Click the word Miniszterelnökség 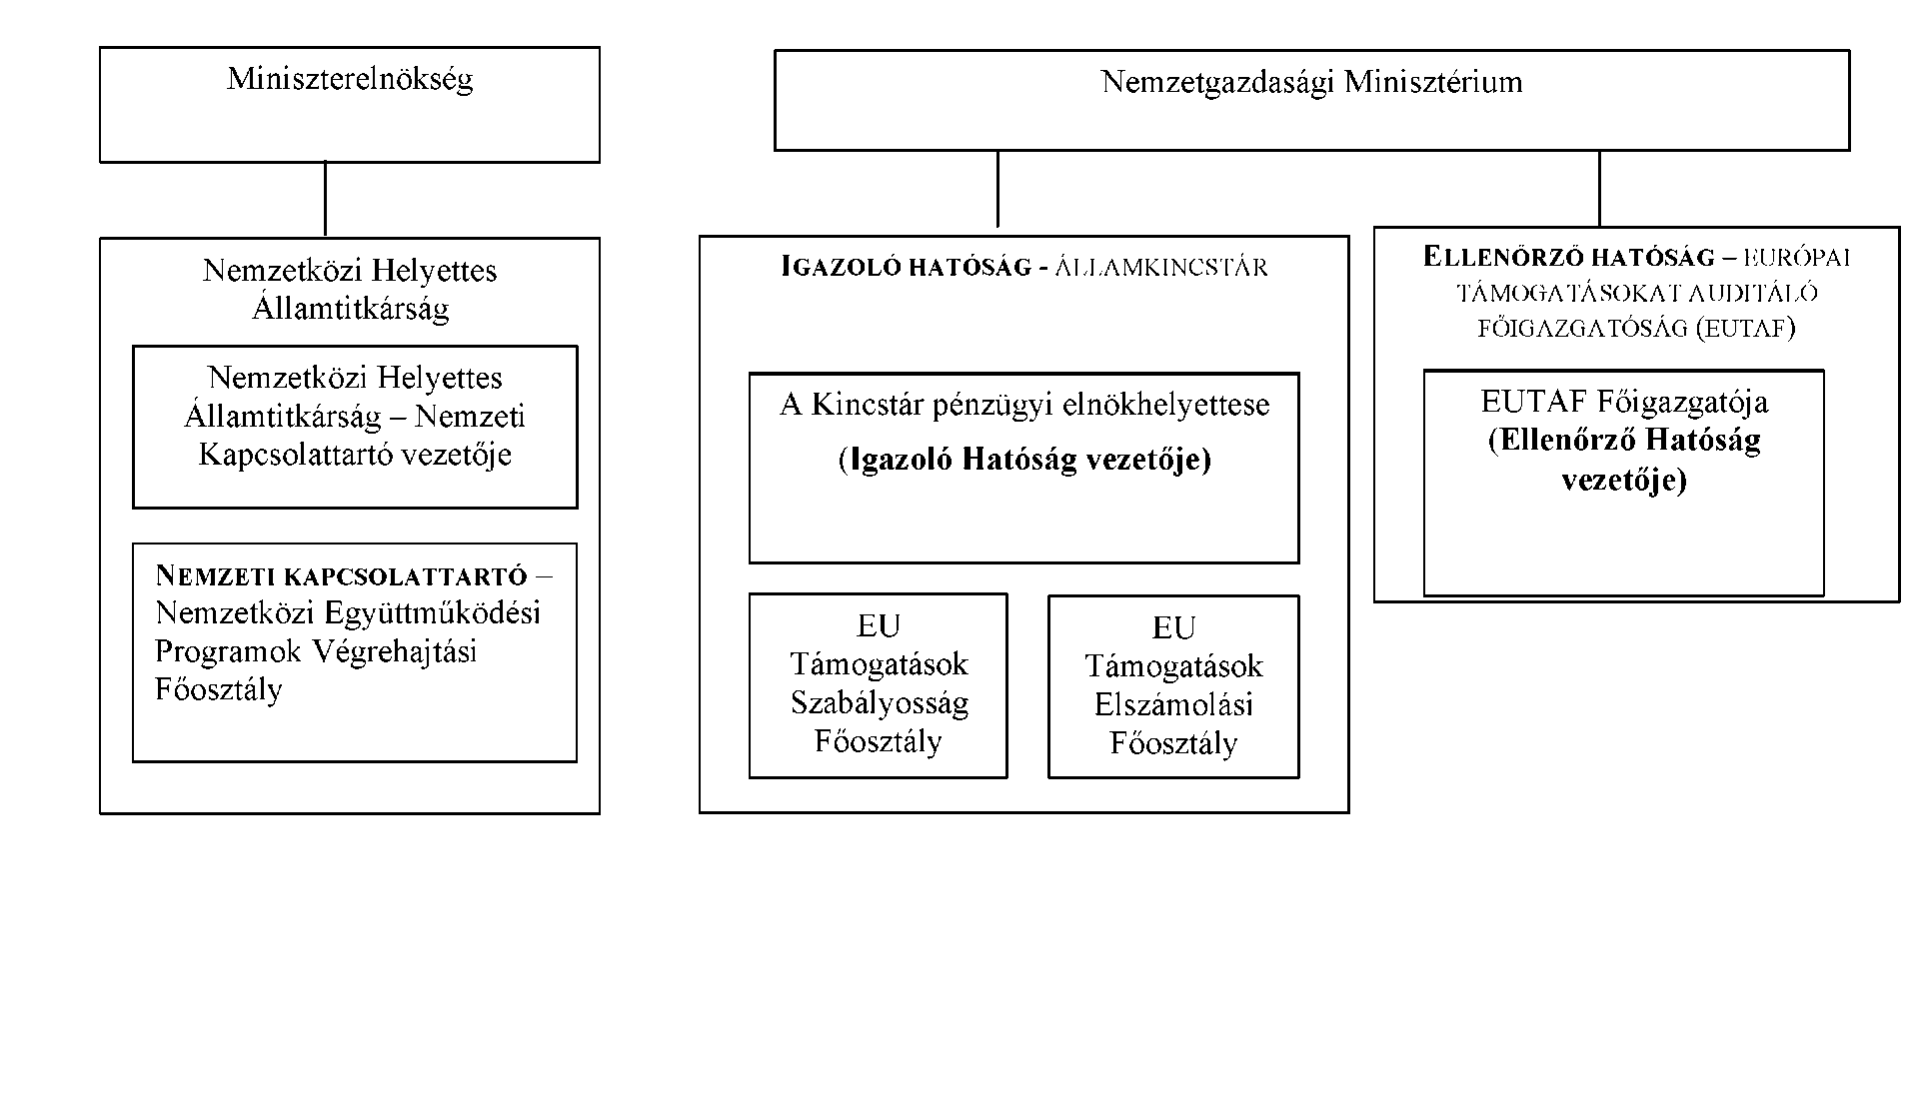(350, 79)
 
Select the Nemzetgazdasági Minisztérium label (1311, 82)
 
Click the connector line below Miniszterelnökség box (325, 200)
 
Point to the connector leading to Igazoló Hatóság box (997, 189)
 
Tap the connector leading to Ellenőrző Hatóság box (1599, 189)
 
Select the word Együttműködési (434, 612)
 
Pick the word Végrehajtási (395, 651)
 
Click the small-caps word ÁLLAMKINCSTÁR (1161, 268)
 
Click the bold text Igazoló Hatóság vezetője (1025, 460)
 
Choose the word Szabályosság (880, 703)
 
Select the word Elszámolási (1173, 705)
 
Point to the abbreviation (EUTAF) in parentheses (1746, 329)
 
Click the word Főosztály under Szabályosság (879, 742)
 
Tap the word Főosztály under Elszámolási (1173, 744)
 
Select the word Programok (228, 651)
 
